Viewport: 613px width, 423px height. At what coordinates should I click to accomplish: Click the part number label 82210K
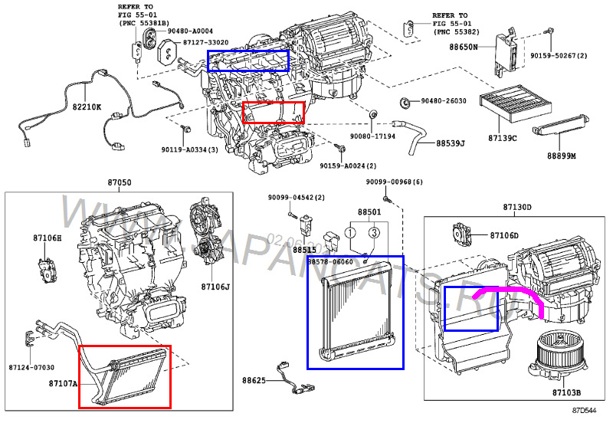pyautogui.click(x=87, y=107)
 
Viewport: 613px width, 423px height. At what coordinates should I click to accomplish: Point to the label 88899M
pyautogui.click(x=564, y=156)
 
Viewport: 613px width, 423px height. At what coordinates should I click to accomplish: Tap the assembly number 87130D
pyautogui.click(x=517, y=208)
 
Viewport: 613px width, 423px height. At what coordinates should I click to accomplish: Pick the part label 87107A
pyautogui.click(x=63, y=382)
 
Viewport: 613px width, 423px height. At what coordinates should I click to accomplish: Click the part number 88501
pyautogui.click(x=369, y=211)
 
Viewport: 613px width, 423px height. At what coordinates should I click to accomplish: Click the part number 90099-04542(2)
pyautogui.click(x=297, y=198)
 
